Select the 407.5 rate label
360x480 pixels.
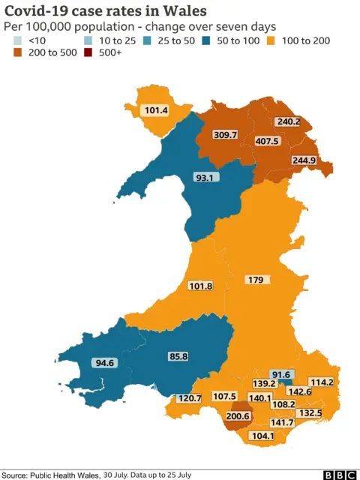[x=289, y=141]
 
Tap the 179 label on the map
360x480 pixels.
[x=255, y=280]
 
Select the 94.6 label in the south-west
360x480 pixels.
[x=104, y=363]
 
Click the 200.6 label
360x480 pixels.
[x=239, y=416]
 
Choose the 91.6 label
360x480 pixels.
[x=280, y=375]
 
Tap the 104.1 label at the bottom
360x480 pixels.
[x=263, y=436]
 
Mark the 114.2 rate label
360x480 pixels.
[x=321, y=382]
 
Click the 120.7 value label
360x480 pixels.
[x=190, y=398]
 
